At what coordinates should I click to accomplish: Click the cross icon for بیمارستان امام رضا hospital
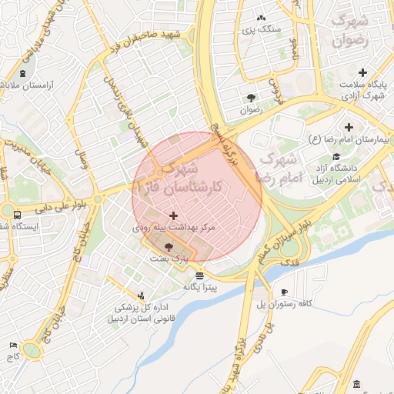coord(349,127)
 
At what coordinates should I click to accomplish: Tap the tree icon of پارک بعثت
coord(169,246)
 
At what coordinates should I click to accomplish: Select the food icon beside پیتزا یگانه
coord(200,275)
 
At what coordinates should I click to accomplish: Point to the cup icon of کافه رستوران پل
coord(284,292)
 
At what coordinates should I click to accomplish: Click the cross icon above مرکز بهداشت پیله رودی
coord(173,216)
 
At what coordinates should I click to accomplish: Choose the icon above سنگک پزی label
coord(261,18)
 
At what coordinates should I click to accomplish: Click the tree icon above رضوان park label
coord(251,97)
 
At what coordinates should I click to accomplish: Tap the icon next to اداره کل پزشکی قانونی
coord(141,295)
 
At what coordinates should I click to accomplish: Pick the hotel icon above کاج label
coord(12,346)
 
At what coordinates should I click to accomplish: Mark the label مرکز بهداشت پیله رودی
coord(173,229)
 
